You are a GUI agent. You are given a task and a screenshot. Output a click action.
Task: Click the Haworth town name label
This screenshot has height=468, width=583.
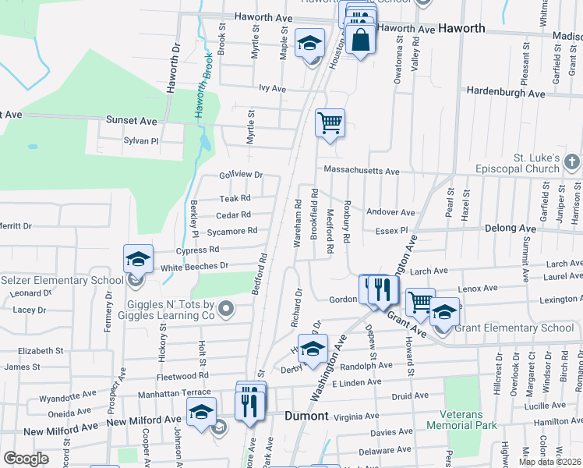point(461,29)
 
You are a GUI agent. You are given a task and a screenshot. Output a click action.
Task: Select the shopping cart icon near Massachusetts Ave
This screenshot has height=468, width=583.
point(330,122)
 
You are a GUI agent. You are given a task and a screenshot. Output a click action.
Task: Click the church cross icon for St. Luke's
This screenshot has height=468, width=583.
point(571,163)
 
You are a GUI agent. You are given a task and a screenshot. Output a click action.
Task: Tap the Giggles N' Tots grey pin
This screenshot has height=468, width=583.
point(226,310)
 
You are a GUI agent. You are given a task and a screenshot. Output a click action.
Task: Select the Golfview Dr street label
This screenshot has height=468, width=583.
point(242,175)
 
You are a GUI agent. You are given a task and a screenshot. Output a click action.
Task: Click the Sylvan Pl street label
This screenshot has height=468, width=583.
point(141,141)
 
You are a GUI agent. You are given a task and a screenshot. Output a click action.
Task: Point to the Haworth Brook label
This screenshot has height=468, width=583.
point(202,90)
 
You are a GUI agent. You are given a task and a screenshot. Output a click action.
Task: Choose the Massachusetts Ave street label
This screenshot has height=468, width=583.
point(362,171)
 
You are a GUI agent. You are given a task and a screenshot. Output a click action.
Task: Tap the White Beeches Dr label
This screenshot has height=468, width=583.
point(194,267)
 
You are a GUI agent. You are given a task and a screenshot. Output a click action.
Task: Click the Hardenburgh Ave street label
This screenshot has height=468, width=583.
point(506,92)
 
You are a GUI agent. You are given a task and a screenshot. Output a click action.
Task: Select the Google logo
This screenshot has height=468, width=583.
point(26,458)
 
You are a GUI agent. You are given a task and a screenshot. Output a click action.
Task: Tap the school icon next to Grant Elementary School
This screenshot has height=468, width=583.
point(444,311)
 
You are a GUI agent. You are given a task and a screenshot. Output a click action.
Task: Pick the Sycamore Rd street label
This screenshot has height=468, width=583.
point(231,232)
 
